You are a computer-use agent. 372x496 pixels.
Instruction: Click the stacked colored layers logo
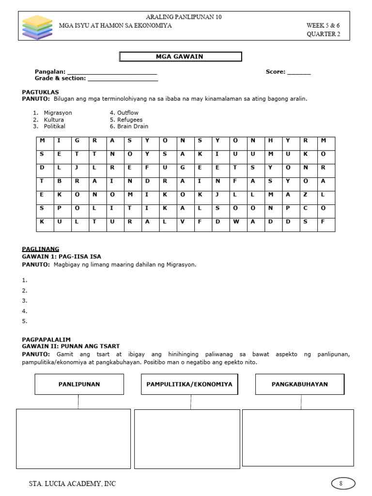point(37,27)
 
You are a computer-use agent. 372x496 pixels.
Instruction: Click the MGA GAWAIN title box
point(181,57)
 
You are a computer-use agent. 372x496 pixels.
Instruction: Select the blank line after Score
point(299,73)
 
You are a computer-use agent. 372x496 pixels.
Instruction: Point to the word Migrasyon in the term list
point(58,113)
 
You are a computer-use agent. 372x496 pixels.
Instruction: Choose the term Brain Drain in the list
point(129,126)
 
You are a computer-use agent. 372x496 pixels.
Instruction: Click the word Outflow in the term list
point(127,113)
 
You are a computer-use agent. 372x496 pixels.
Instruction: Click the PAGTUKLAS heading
point(41,92)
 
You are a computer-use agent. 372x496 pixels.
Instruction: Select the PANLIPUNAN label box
point(79,384)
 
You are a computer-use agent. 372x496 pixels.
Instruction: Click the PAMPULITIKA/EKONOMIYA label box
point(189,384)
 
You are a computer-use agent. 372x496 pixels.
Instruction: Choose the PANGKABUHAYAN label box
point(299,384)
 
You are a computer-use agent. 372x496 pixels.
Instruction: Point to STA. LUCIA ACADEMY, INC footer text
point(73,483)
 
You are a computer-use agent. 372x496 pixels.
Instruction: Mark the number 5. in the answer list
point(25,321)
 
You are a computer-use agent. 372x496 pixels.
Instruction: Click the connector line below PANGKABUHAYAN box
point(301,402)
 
